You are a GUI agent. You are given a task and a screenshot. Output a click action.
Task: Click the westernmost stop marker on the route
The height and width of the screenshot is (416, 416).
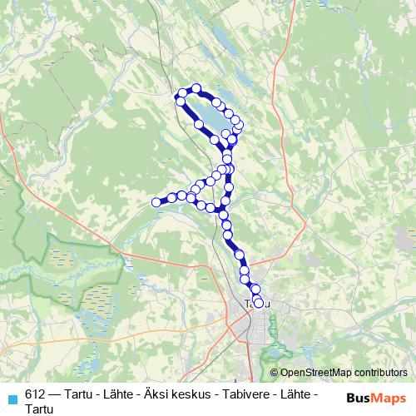pos(156,201)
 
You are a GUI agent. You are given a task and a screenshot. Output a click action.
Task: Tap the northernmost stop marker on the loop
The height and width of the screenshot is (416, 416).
pos(196,88)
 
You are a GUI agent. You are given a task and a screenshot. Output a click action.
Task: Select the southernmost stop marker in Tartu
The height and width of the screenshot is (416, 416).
pos(258,303)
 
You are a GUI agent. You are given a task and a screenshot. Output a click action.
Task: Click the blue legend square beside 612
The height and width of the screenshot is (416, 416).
pos(11,397)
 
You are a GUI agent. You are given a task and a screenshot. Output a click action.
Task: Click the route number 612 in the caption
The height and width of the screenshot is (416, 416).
pos(35,395)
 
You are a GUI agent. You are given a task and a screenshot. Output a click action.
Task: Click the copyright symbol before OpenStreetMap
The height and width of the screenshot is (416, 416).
pos(274,373)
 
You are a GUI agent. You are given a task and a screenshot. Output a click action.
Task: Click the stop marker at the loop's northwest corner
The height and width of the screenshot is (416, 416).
pos(179,101)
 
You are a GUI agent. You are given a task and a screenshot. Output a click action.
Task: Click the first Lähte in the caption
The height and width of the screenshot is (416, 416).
pos(111,395)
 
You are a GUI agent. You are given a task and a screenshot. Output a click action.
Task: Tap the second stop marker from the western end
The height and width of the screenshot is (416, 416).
pos(171,197)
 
